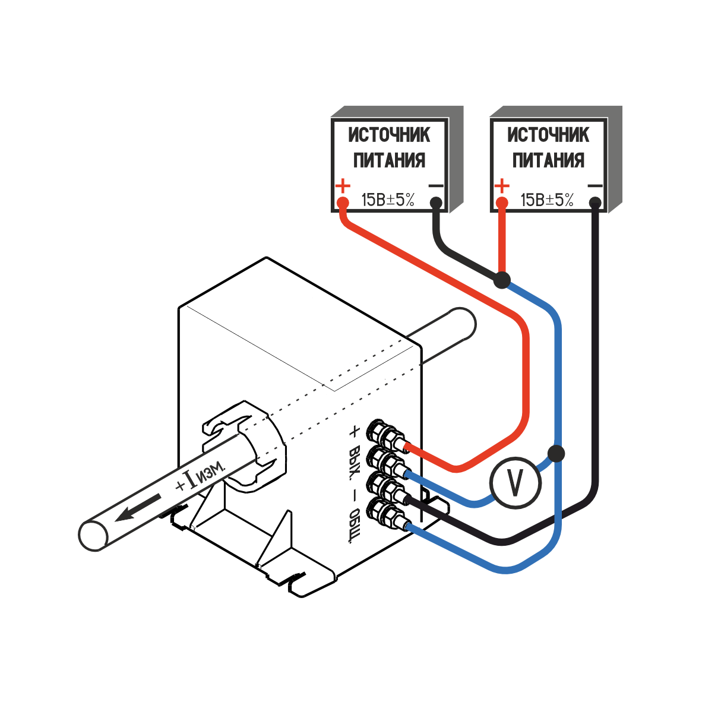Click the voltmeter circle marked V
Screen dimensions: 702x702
coord(516,483)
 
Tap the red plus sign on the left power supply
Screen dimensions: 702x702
coord(343,186)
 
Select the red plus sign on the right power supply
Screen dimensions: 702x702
coord(502,186)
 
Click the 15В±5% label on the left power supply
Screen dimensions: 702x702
coord(388,200)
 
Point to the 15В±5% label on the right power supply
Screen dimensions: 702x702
coord(547,200)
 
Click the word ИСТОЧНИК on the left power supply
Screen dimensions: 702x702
coord(389,135)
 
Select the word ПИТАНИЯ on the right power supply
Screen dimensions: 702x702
coord(548,160)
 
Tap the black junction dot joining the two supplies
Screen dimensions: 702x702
coord(502,279)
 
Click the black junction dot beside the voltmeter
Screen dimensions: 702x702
coord(556,453)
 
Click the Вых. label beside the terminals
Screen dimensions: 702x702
coord(355,462)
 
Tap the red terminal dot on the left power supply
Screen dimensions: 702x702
coord(343,204)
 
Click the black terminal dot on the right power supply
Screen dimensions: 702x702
coord(595,204)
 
